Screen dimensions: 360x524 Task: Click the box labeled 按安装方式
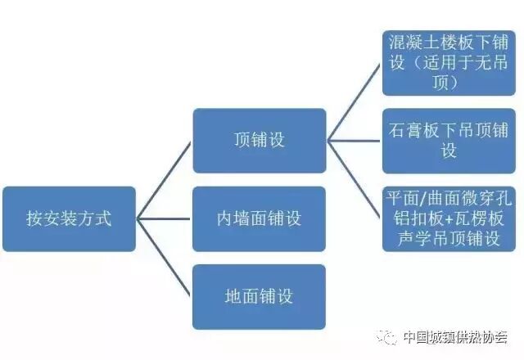[69, 218]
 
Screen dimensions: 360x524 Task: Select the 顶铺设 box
[260, 140]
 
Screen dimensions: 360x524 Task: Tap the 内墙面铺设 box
[260, 218]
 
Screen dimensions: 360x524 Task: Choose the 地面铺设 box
[260, 296]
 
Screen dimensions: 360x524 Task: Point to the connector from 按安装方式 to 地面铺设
[164, 258]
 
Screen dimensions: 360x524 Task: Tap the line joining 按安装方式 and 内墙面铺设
[164, 218]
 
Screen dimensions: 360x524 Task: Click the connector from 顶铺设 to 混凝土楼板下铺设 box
[354, 101]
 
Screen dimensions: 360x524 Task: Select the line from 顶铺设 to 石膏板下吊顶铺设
[354, 141]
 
